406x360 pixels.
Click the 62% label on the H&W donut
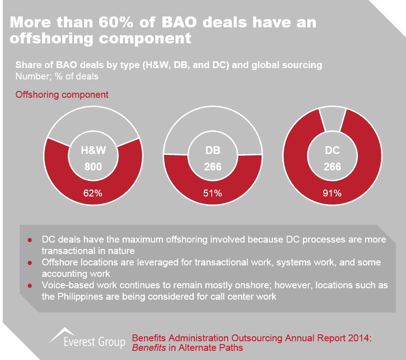coord(93,193)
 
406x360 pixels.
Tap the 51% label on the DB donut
coord(213,193)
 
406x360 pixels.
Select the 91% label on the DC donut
coord(332,193)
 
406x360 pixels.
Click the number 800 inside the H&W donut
coord(93,167)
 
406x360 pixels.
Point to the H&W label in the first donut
coord(93,151)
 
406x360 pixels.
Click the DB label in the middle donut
coord(213,151)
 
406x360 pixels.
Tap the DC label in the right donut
coord(332,151)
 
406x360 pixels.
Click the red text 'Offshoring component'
coord(62,95)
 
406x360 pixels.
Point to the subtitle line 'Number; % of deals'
coord(57,76)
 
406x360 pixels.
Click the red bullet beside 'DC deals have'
coord(30,240)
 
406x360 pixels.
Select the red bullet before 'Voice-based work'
coord(30,286)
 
